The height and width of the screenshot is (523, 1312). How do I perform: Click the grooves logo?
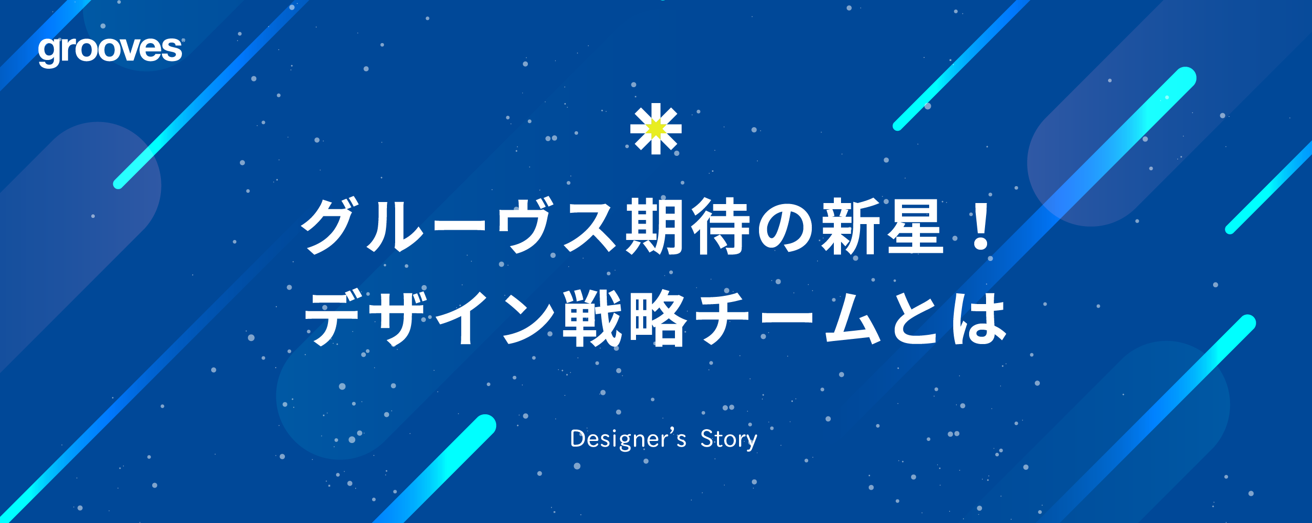(110, 51)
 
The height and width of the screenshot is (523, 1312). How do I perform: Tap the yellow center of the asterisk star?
(655, 129)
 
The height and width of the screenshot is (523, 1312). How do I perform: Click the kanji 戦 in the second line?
(591, 318)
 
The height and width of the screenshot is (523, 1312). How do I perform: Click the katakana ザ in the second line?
(397, 318)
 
